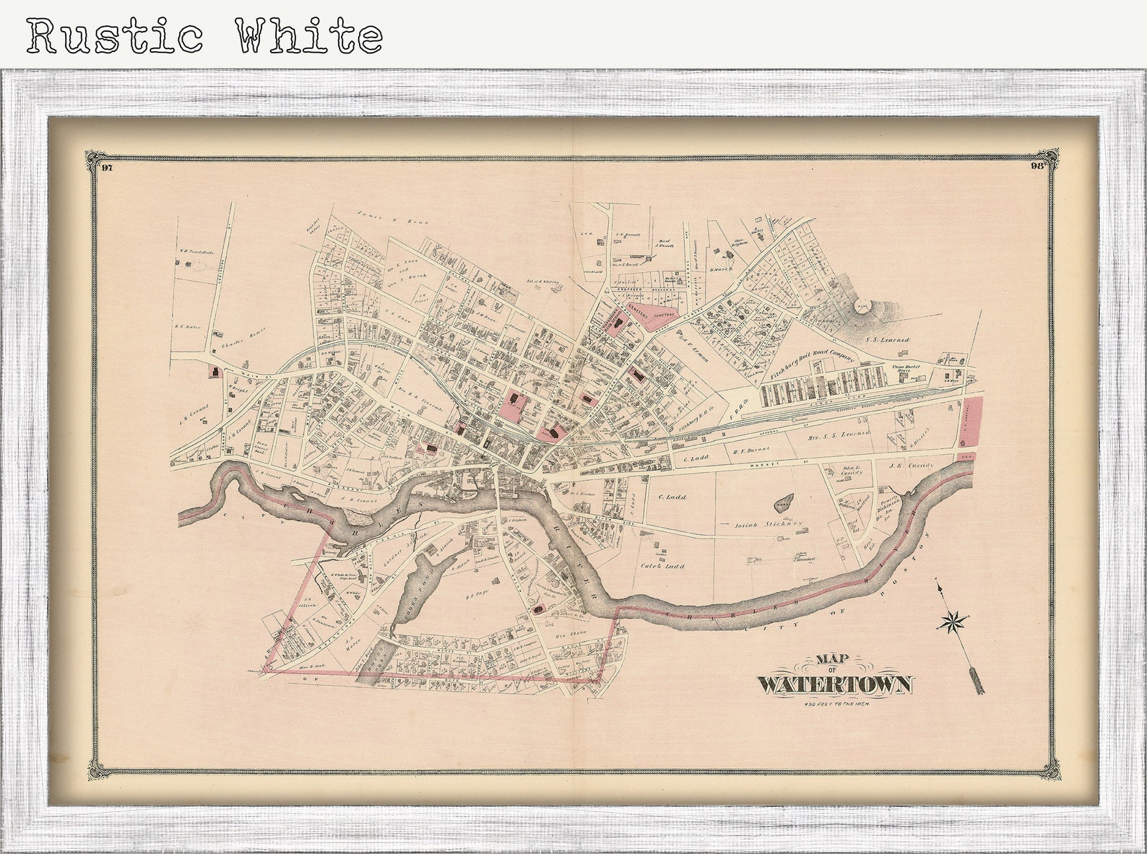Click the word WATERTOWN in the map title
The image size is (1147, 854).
[835, 684]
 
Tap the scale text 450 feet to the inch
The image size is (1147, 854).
[835, 704]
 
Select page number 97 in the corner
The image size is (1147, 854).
[107, 168]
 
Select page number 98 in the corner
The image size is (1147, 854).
[1038, 165]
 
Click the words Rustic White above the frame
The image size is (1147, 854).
[205, 36]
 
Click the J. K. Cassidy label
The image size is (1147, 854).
[912, 466]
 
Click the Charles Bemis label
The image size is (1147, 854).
[244, 333]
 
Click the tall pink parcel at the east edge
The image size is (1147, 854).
[973, 422]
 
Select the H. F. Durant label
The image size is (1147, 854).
[748, 450]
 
